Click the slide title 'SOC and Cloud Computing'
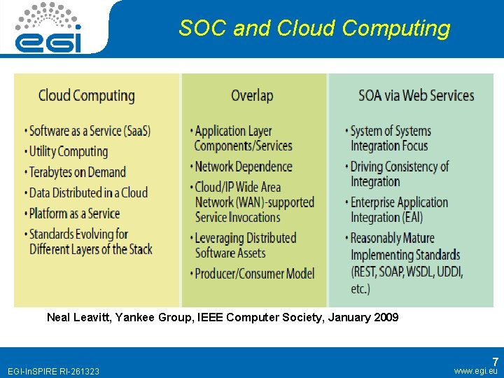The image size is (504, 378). pos(314,28)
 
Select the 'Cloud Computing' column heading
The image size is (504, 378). pos(86,96)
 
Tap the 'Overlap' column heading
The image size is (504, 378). pos(252,96)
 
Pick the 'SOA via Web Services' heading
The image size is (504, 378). pos(416,96)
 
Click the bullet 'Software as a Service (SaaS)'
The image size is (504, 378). pos(90,131)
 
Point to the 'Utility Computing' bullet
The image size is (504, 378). pos(69,151)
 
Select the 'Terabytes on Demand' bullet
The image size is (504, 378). pos(77,172)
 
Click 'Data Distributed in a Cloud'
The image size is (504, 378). pos(88,192)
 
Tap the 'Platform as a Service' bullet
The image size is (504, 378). pos(74,213)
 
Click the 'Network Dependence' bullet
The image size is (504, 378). pos(243,167)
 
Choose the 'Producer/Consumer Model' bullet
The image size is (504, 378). pos(254,274)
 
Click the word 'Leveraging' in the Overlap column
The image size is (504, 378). pos(225,238)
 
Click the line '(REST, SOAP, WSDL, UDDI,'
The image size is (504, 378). pos(407,272)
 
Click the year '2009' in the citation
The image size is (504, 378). pos(386,317)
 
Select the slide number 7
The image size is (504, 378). pos(494,362)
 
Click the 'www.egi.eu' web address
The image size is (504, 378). pos(475,370)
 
